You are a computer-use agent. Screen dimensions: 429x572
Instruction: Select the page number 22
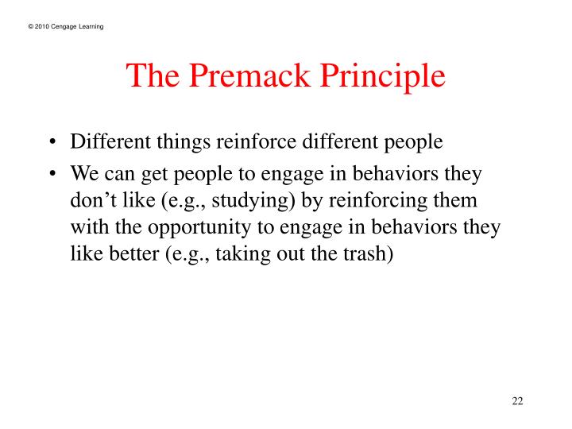pyautogui.click(x=517, y=400)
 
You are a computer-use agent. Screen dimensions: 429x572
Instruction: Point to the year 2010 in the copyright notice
pyautogui.click(x=41, y=28)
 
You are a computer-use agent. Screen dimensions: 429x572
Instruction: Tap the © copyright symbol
pyautogui.click(x=30, y=28)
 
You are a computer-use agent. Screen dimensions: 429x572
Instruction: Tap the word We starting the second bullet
pyautogui.click(x=83, y=175)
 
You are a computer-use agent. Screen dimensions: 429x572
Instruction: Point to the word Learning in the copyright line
pyautogui.click(x=91, y=28)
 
